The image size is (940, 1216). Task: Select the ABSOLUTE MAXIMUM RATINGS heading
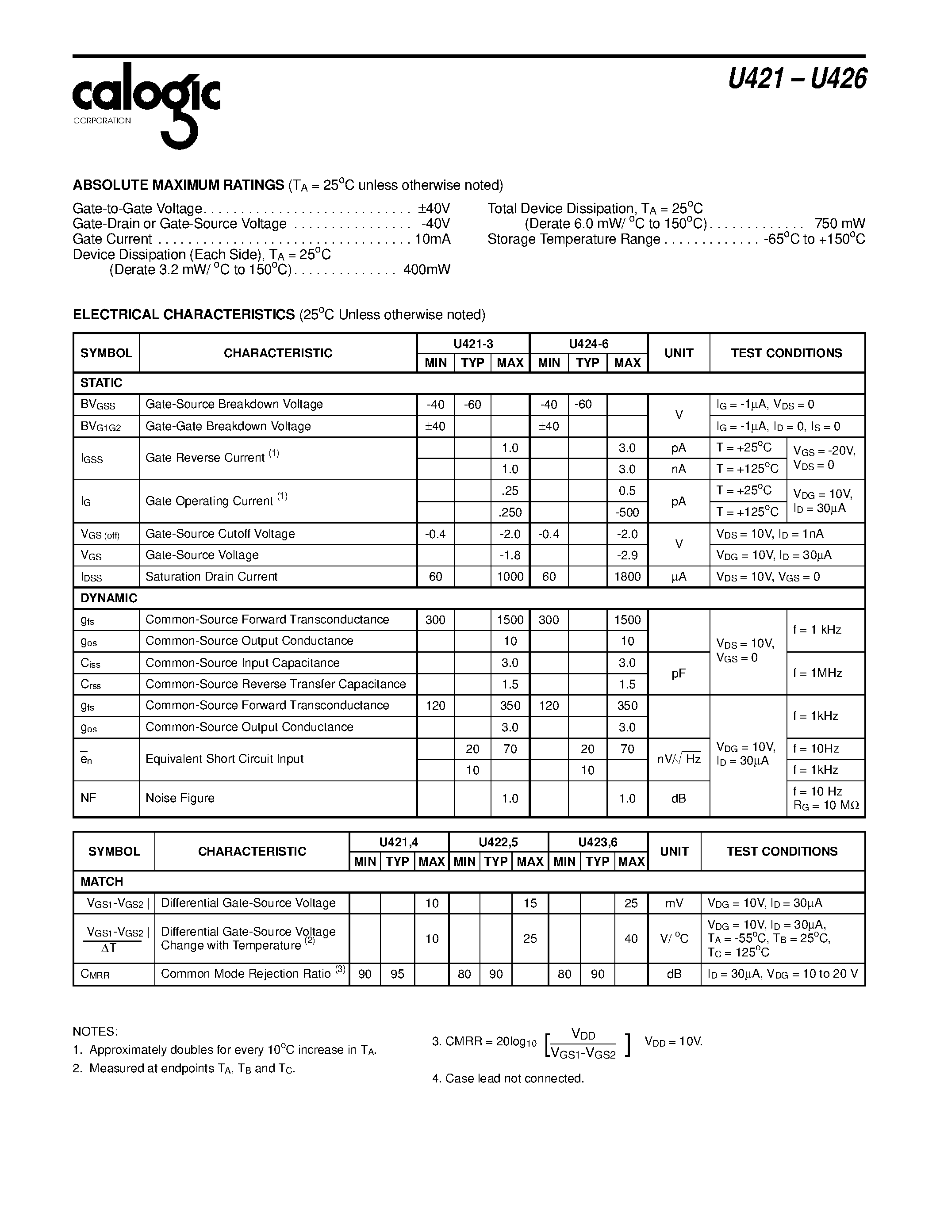(x=178, y=185)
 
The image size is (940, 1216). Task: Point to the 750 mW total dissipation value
(x=839, y=224)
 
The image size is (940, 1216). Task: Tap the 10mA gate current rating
(x=432, y=239)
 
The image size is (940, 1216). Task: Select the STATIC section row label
(x=101, y=383)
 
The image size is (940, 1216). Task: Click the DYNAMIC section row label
(x=108, y=598)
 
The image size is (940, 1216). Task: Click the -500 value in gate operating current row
(x=627, y=512)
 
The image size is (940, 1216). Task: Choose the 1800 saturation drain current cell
(x=627, y=577)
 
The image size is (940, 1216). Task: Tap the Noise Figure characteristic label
(x=180, y=799)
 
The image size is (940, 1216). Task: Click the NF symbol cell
(x=88, y=799)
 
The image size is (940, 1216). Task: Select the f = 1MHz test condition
(x=817, y=673)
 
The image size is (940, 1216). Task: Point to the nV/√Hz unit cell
(x=678, y=759)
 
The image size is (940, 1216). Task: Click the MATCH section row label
(x=101, y=881)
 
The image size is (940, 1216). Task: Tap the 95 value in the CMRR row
(x=397, y=974)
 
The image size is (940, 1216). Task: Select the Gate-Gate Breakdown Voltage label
(x=228, y=427)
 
